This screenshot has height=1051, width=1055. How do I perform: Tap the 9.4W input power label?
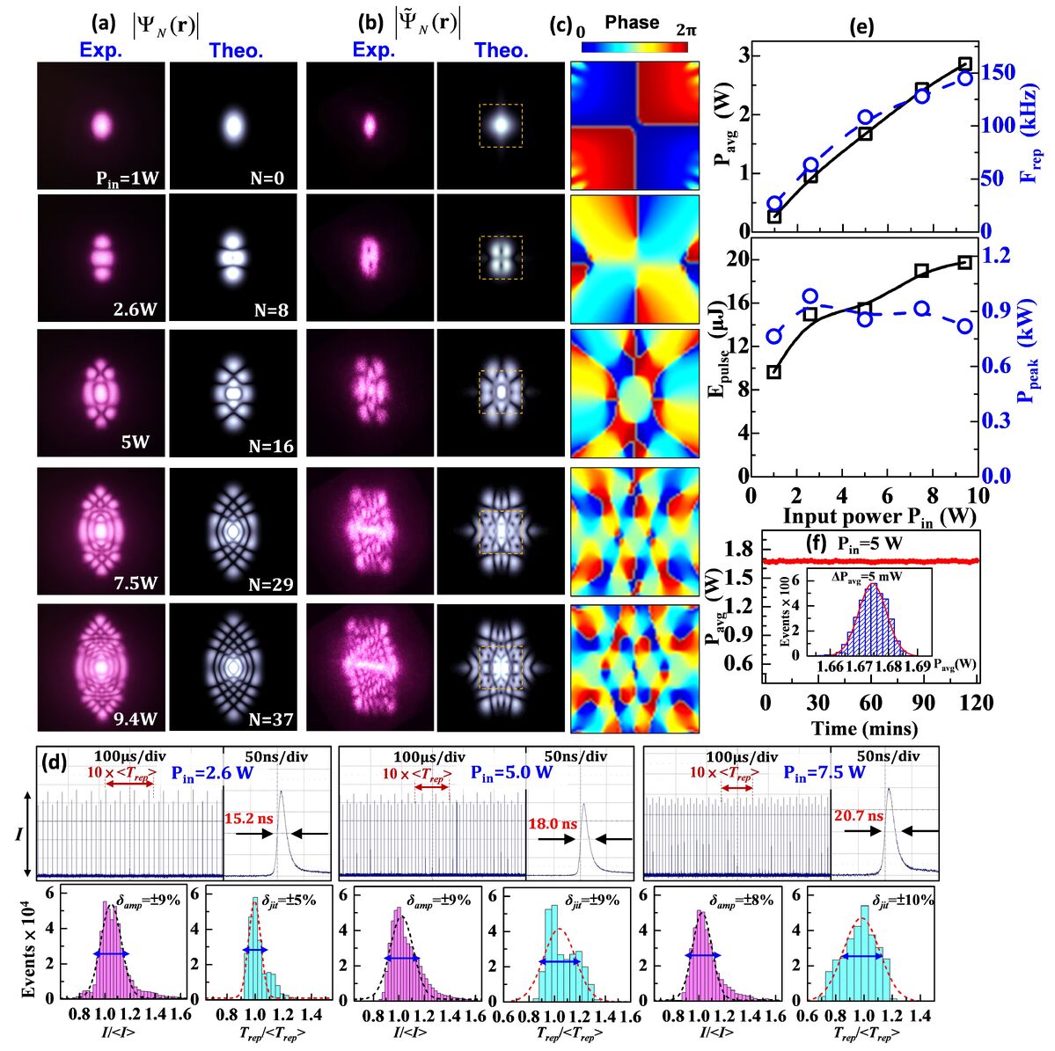click(136, 719)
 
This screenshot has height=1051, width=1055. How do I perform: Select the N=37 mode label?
click(270, 719)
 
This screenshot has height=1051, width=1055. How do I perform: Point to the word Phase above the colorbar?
click(632, 23)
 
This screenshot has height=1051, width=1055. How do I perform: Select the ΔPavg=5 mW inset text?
click(869, 575)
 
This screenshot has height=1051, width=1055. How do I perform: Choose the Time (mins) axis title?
click(866, 728)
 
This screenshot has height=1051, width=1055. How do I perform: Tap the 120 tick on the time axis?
click(977, 703)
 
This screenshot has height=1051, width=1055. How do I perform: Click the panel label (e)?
click(861, 26)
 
